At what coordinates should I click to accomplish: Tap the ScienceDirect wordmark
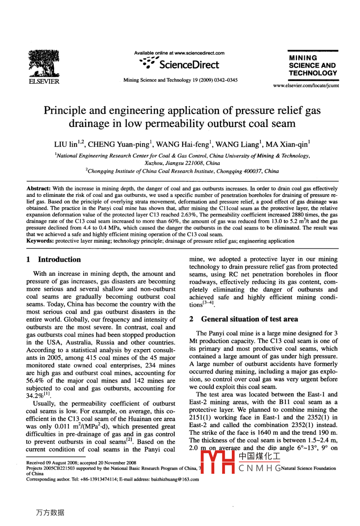(189, 65)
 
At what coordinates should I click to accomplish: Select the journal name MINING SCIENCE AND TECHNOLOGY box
(313, 65)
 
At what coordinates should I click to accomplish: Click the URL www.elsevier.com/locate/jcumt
(306, 86)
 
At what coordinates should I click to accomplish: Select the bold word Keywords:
(40, 241)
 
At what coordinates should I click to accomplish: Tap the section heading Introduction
(59, 259)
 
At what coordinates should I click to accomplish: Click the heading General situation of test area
(249, 319)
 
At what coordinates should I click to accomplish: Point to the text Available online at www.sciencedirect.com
(179, 53)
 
